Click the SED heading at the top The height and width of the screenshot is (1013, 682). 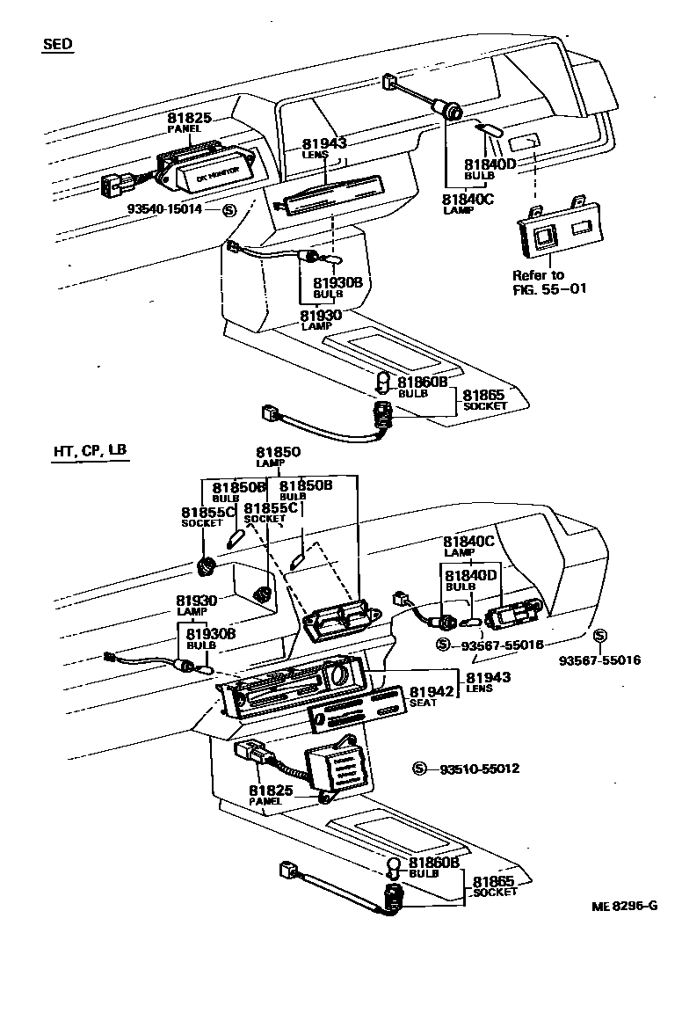tap(57, 45)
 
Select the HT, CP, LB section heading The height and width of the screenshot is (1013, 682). tap(90, 451)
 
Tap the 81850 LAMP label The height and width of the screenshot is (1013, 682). tap(279, 456)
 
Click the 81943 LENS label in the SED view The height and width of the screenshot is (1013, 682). tap(325, 148)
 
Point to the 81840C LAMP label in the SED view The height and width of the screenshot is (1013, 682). tap(468, 203)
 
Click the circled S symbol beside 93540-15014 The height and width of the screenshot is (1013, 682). tap(229, 209)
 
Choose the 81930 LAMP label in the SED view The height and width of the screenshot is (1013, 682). tap(320, 319)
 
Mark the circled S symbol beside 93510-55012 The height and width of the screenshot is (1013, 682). tap(419, 769)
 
